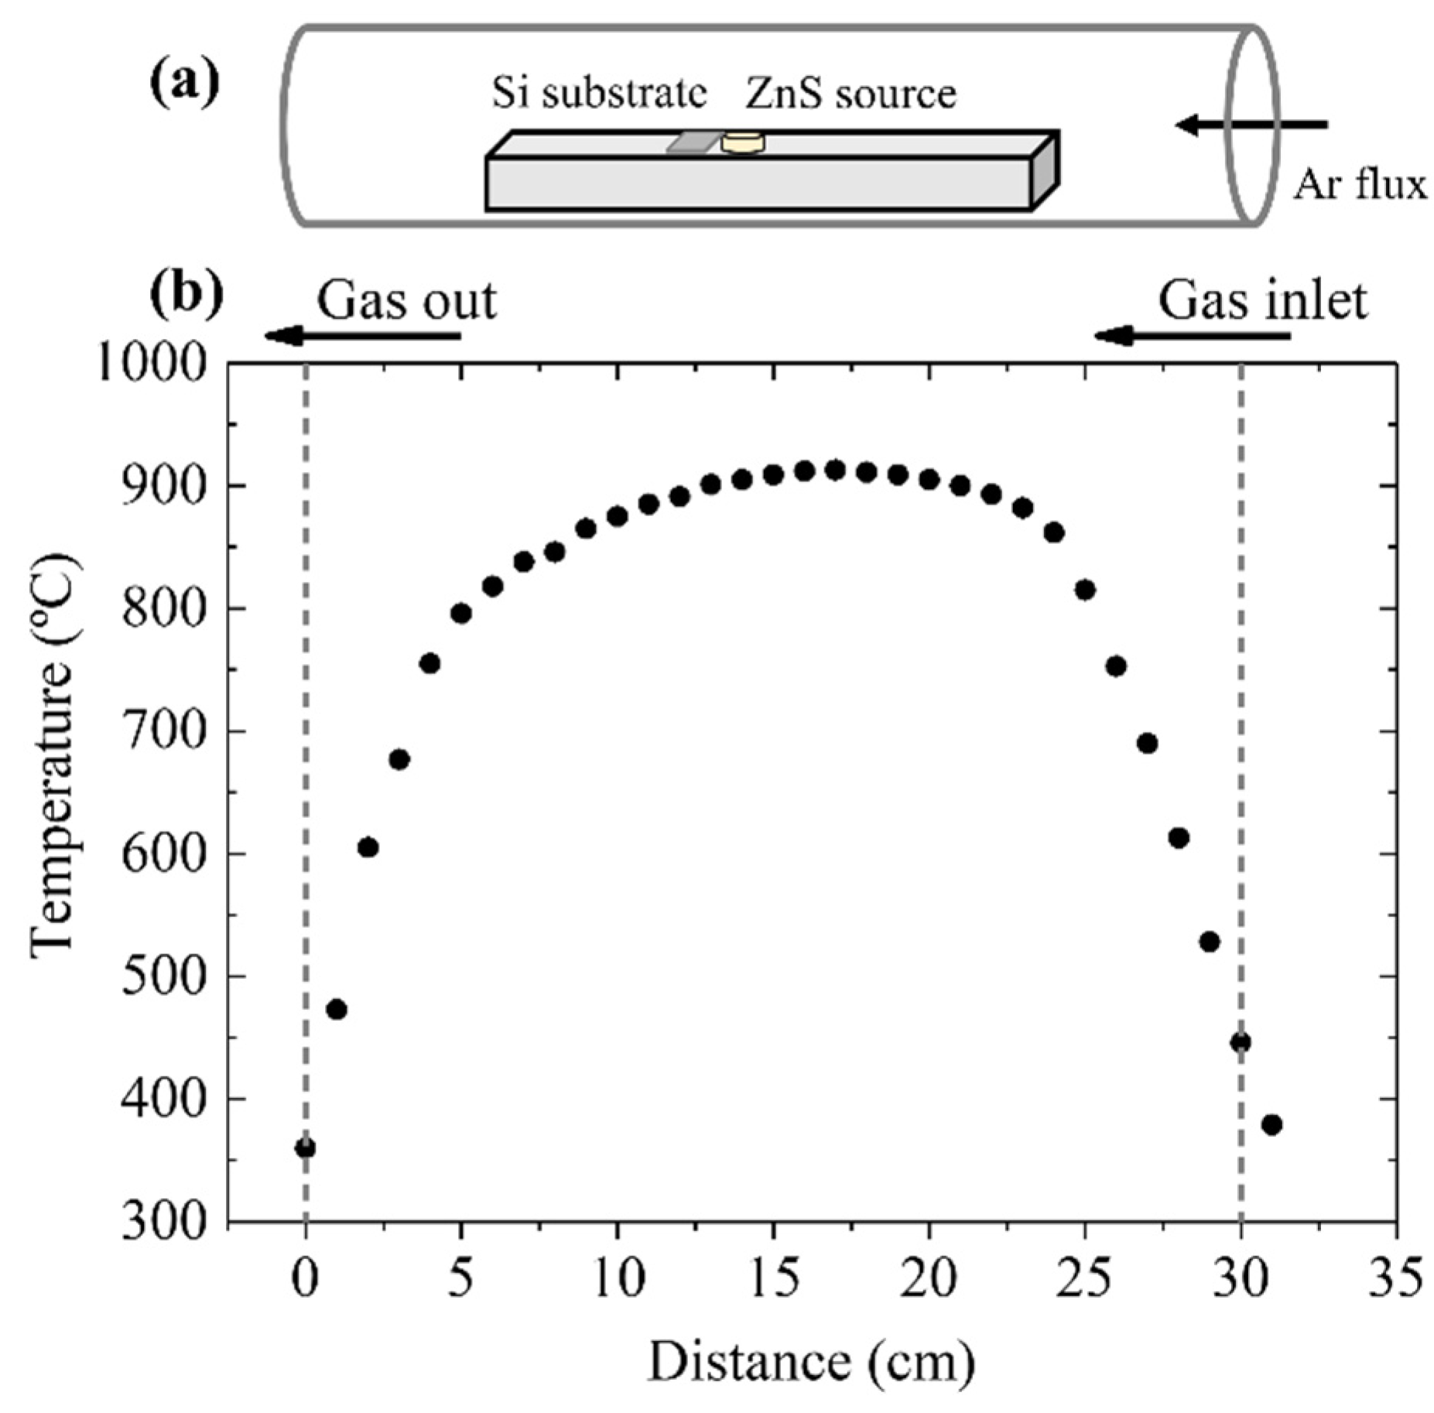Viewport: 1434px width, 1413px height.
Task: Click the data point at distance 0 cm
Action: point(305,1148)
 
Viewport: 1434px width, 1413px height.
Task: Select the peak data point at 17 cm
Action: point(835,469)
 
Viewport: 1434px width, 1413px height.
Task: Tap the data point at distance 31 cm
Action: point(1271,1124)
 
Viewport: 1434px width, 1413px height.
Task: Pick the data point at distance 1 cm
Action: point(337,1009)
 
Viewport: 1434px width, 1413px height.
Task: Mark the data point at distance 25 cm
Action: point(1085,590)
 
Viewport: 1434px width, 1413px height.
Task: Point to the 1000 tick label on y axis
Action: point(152,362)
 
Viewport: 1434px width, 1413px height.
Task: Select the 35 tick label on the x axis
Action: point(1395,1279)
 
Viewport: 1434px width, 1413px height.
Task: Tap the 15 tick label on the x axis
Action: point(772,1279)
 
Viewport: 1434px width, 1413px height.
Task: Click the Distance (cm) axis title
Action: point(810,1363)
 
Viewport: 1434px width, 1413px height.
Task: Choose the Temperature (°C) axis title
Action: point(54,754)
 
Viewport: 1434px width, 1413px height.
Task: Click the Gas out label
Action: point(406,300)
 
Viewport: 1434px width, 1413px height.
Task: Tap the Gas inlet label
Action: point(1262,300)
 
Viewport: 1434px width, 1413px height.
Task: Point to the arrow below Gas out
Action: point(362,336)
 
